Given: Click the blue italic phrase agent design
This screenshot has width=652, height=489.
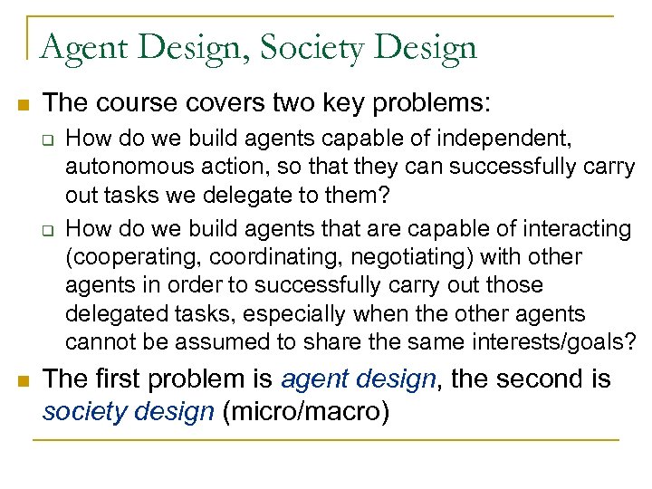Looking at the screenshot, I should (x=359, y=379).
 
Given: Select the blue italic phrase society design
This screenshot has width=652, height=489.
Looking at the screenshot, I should (x=128, y=412).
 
